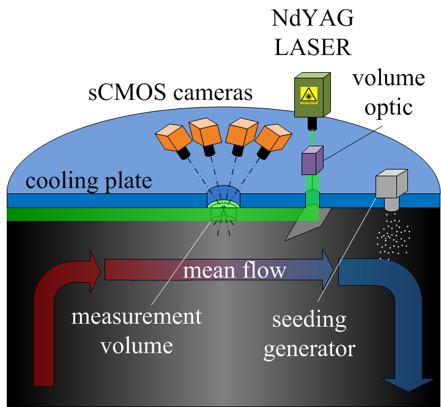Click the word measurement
(x=136, y=318)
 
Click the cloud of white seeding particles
(x=392, y=238)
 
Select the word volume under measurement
(x=136, y=346)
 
